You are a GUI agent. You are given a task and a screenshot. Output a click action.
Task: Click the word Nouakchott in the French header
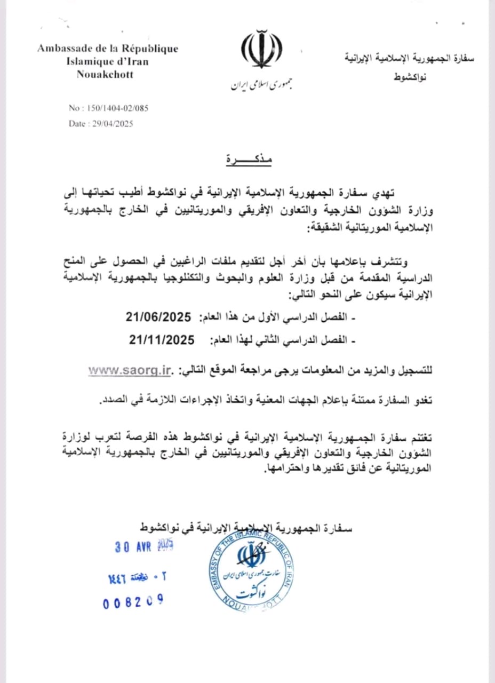coord(105,74)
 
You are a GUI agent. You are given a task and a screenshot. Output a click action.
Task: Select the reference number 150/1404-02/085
coord(116,108)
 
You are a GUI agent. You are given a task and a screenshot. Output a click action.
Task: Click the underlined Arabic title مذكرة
coord(249,160)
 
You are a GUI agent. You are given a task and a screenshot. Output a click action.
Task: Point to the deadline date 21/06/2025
coord(158,317)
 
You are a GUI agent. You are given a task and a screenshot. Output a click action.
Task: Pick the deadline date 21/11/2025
coord(162,339)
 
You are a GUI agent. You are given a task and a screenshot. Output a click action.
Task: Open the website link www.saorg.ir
coord(131,370)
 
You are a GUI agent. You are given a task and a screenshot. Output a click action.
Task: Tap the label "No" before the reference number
coord(74,108)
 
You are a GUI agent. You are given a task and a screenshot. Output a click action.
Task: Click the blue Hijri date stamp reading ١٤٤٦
coord(121,578)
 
